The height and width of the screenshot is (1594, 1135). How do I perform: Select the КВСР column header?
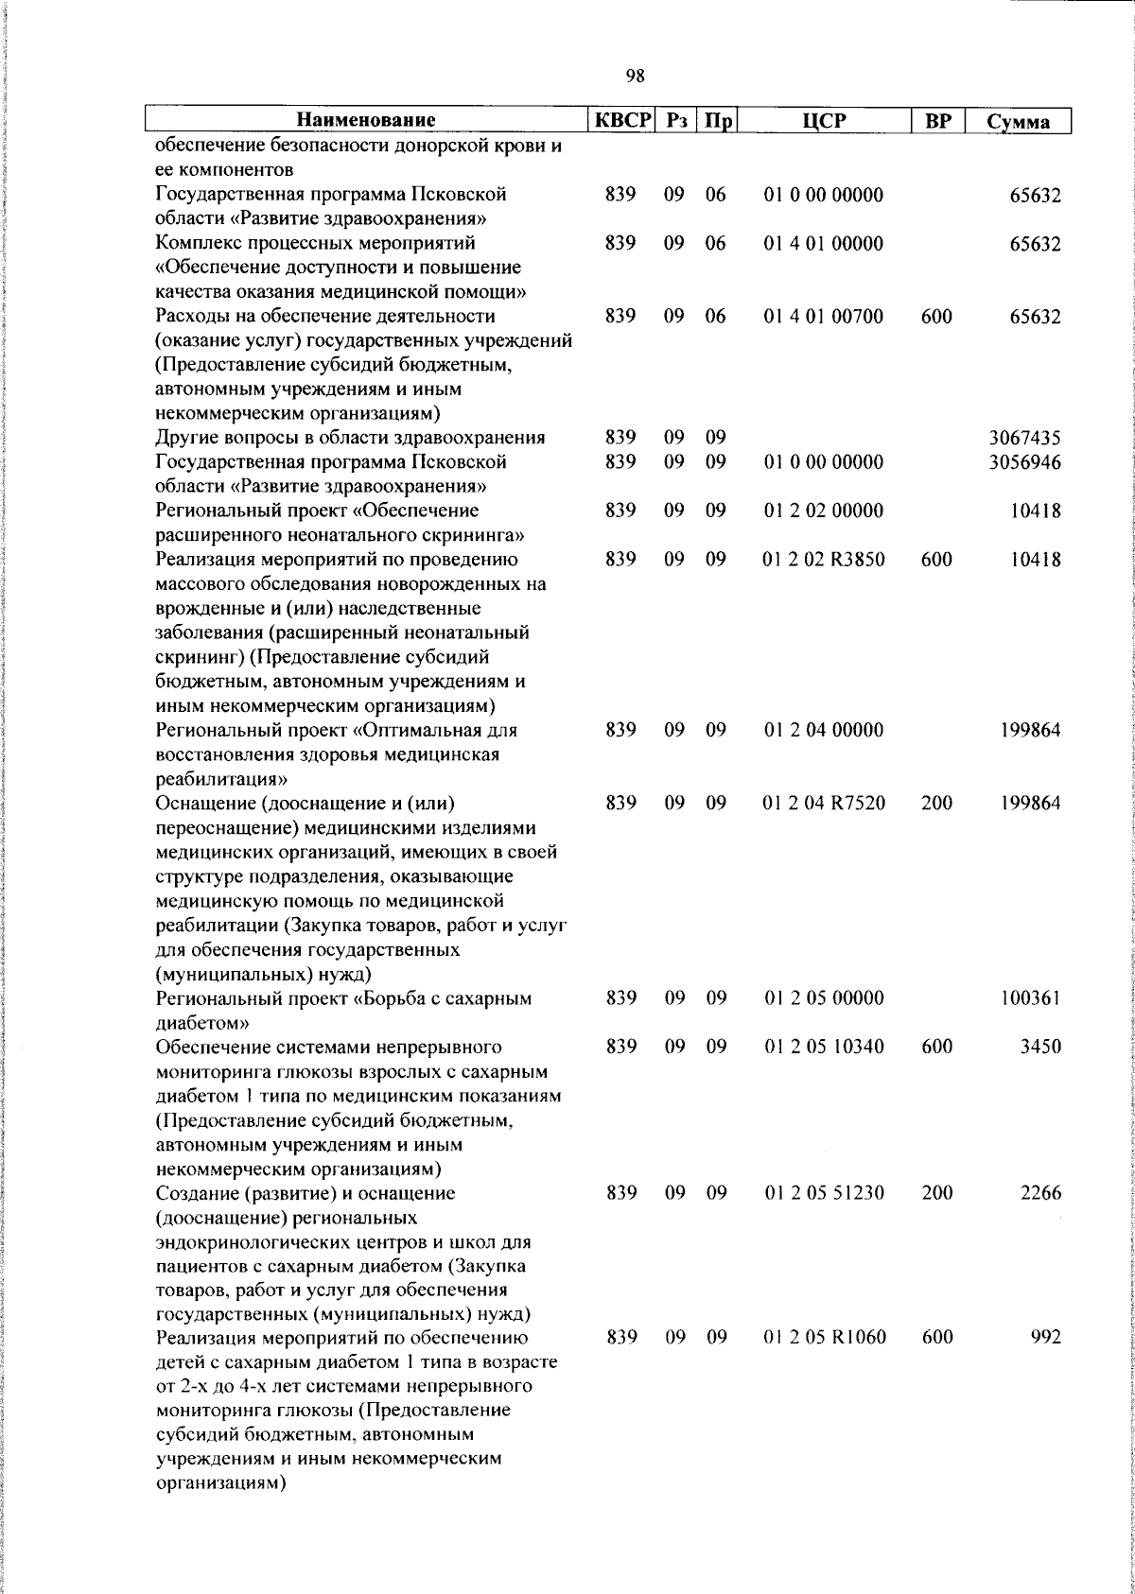tap(620, 121)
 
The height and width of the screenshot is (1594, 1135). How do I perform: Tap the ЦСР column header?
tap(823, 121)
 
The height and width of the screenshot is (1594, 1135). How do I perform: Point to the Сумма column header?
tap(1018, 122)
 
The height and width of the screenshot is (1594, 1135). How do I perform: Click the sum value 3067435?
tap(1024, 438)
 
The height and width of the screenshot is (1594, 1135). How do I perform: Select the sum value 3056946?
tap(1024, 462)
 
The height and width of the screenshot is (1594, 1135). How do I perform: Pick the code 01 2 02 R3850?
tap(823, 560)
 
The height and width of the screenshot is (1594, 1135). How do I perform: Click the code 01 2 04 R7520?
tap(823, 804)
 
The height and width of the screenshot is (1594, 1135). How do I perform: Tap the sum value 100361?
tap(1031, 998)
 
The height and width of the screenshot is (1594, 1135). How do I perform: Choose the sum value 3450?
tap(1040, 1047)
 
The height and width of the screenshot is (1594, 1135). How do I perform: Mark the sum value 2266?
tap(1040, 1193)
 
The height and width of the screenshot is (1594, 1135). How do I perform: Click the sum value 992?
tap(1046, 1337)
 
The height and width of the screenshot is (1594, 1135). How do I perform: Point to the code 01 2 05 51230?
tap(823, 1193)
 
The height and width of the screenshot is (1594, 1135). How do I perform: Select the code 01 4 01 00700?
tap(823, 317)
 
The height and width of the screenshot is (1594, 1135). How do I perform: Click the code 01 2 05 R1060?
tap(823, 1337)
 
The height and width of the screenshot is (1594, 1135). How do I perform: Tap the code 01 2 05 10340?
tap(823, 1047)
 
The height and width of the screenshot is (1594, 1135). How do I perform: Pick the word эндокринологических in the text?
tap(248, 1241)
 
